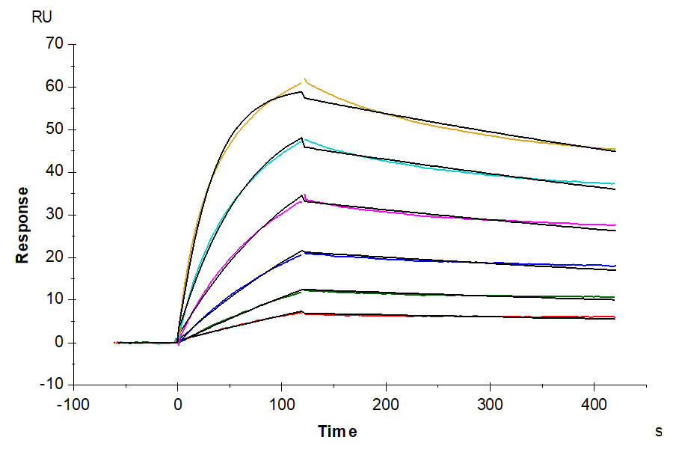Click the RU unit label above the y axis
[42, 17]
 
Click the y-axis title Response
[22, 224]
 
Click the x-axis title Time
[337, 432]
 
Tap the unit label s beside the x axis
[659, 431]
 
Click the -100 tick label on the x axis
[73, 404]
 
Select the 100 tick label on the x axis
[281, 404]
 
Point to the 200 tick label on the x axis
[386, 404]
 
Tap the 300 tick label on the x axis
[490, 404]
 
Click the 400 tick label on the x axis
[594, 404]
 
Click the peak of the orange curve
[304, 79]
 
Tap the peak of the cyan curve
[304, 139]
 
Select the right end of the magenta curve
[615, 224]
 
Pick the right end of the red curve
[615, 317]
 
